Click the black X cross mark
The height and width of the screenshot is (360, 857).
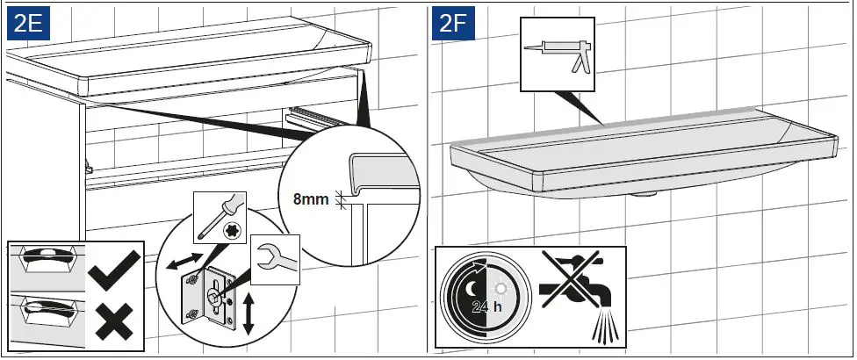115,320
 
